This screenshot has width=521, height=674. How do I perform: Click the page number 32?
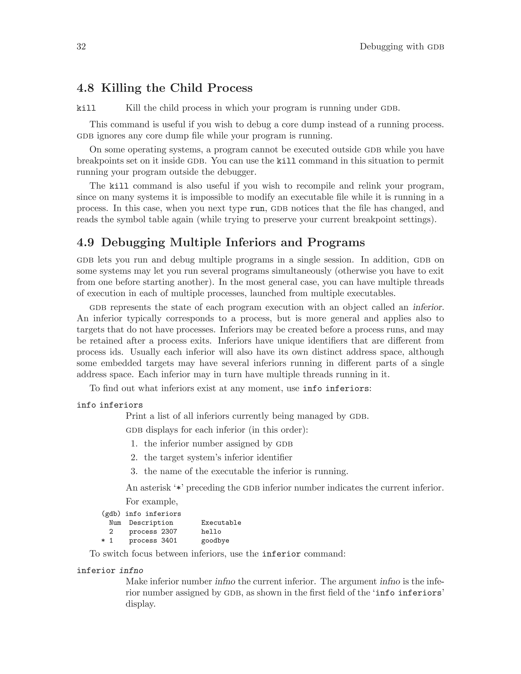(81, 47)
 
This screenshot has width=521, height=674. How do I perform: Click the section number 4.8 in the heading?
(85, 88)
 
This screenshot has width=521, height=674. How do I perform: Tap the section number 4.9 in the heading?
(85, 243)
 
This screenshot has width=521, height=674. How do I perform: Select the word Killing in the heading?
(121, 88)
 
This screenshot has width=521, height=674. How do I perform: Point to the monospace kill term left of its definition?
(86, 109)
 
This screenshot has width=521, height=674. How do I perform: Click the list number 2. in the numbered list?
(134, 458)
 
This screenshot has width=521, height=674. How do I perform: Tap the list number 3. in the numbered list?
(134, 472)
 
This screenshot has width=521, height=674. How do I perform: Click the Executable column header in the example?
(221, 523)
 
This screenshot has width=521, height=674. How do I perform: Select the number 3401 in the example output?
(169, 541)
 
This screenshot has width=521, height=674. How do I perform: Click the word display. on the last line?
(140, 604)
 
